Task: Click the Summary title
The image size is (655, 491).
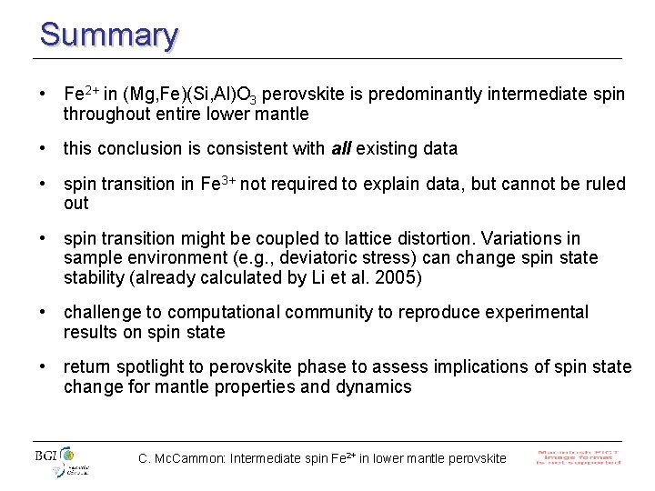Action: point(108,35)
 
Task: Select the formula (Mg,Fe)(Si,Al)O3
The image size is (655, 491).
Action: point(201,95)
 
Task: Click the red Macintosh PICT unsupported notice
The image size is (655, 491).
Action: point(579,456)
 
